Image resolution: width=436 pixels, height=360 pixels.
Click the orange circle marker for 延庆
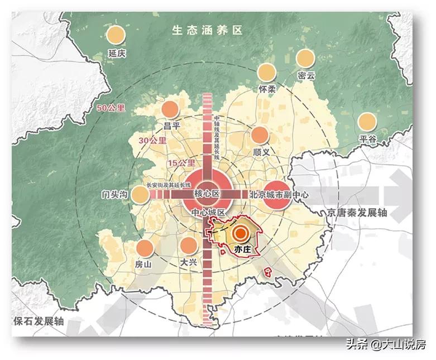coord(117,35)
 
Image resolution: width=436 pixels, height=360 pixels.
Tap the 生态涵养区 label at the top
coord(208,30)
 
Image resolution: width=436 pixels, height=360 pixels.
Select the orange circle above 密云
coord(305,58)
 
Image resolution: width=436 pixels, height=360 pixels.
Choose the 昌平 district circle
coord(170,110)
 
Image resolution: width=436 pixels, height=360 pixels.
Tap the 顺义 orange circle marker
coord(260,136)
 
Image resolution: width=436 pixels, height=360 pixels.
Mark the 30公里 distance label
coord(153,141)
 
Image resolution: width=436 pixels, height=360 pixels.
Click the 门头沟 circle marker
coord(140,194)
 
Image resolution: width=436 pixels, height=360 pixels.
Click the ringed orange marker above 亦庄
coord(241,234)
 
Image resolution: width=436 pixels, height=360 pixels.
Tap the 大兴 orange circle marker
coord(189,244)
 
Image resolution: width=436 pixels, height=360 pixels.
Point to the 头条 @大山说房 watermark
coord(386,344)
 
